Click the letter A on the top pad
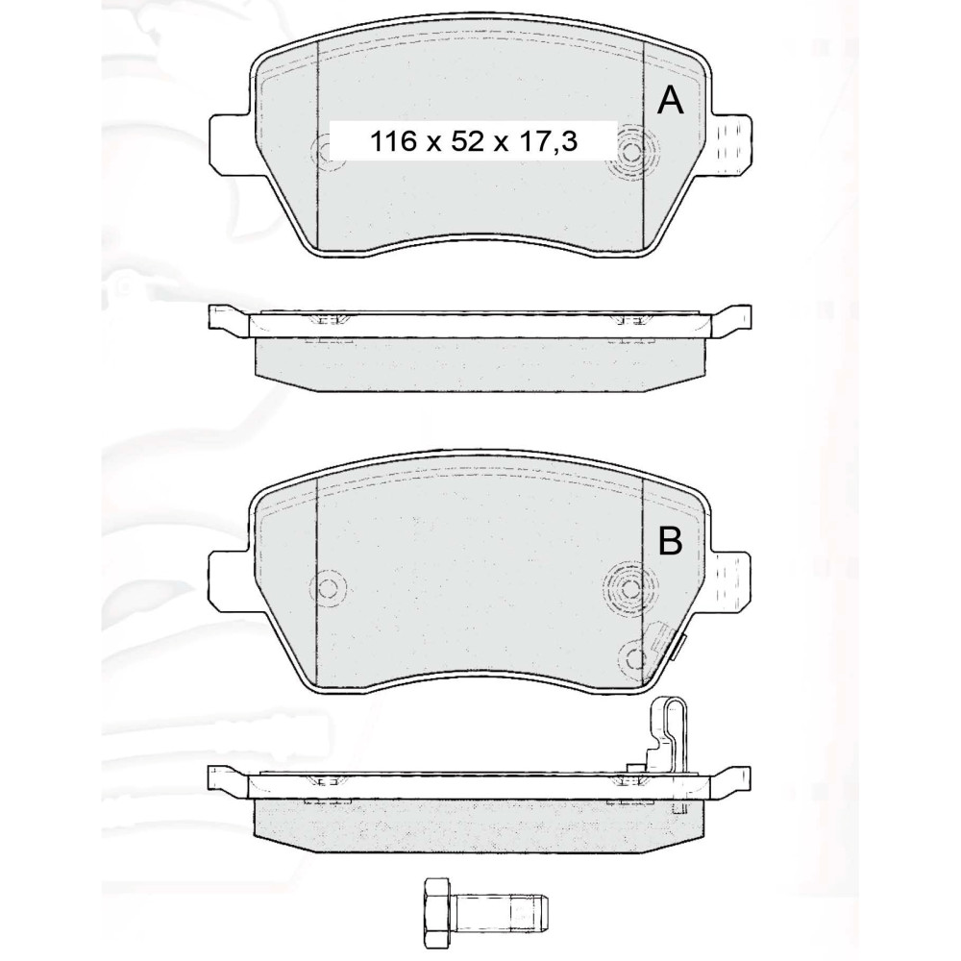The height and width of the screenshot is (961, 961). click(670, 101)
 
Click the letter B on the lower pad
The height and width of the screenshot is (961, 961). click(670, 540)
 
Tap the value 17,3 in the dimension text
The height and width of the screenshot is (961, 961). click(548, 142)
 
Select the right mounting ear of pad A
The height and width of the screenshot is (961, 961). click(730, 145)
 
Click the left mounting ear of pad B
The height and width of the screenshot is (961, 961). click(231, 581)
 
